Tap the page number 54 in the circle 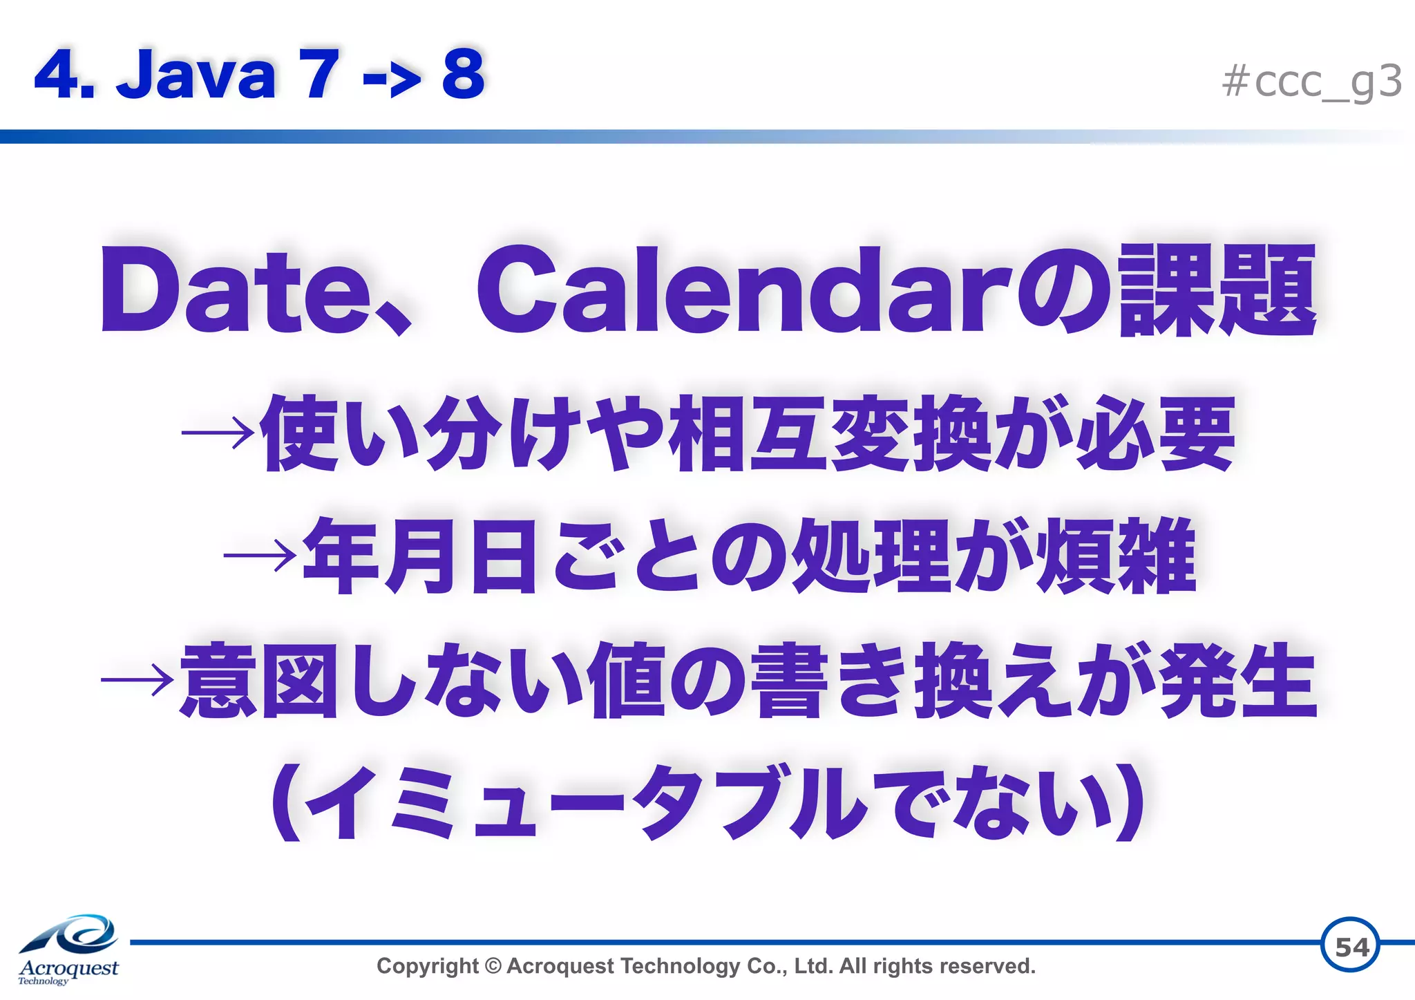pyautogui.click(x=1350, y=946)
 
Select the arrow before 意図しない pyautogui.click(x=137, y=680)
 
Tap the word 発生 pyautogui.click(x=1237, y=680)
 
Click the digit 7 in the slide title pyautogui.click(x=319, y=74)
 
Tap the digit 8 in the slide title pyautogui.click(x=463, y=74)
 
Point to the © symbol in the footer pyautogui.click(x=493, y=965)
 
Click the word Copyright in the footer pyautogui.click(x=427, y=965)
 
